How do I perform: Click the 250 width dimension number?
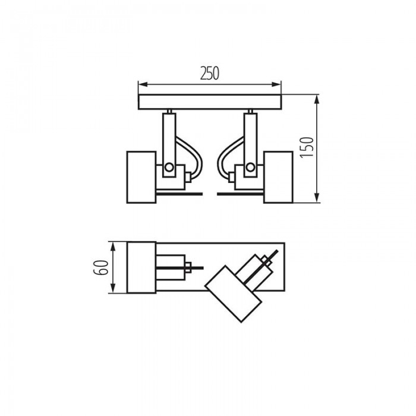click(x=210, y=74)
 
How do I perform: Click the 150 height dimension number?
click(x=307, y=147)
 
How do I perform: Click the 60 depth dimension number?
click(x=102, y=267)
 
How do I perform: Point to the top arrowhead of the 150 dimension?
click(x=317, y=100)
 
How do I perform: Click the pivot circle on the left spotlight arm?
click(x=169, y=168)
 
